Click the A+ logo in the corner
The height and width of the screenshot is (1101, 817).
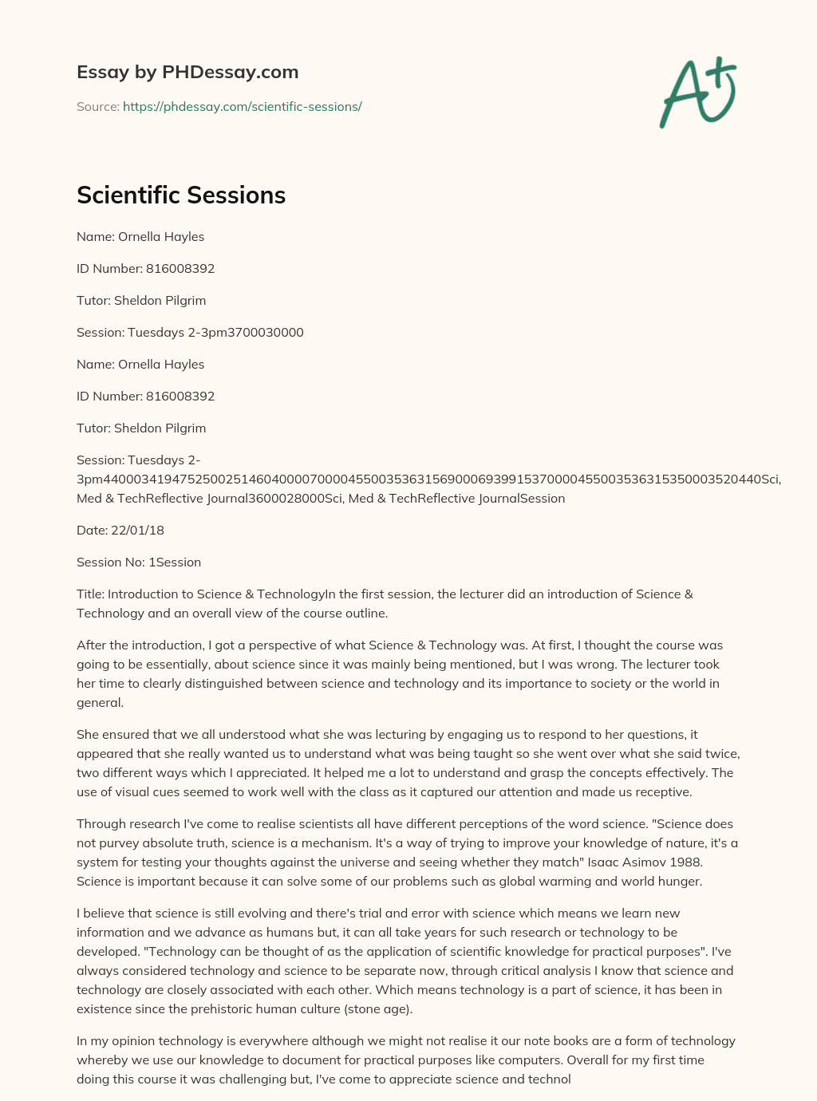[x=698, y=92]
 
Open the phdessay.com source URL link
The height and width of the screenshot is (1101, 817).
[x=242, y=107]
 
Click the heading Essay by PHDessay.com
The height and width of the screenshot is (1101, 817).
[x=187, y=72]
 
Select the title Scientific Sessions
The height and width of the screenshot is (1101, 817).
[x=181, y=195]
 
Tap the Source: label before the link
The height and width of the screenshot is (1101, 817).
[x=97, y=107]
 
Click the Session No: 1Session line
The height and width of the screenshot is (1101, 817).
[x=139, y=562]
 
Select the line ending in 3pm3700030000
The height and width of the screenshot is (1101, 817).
[x=190, y=333]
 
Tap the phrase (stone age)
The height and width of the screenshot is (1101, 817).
[x=375, y=1009]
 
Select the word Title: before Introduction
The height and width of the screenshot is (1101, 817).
[x=90, y=594]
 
